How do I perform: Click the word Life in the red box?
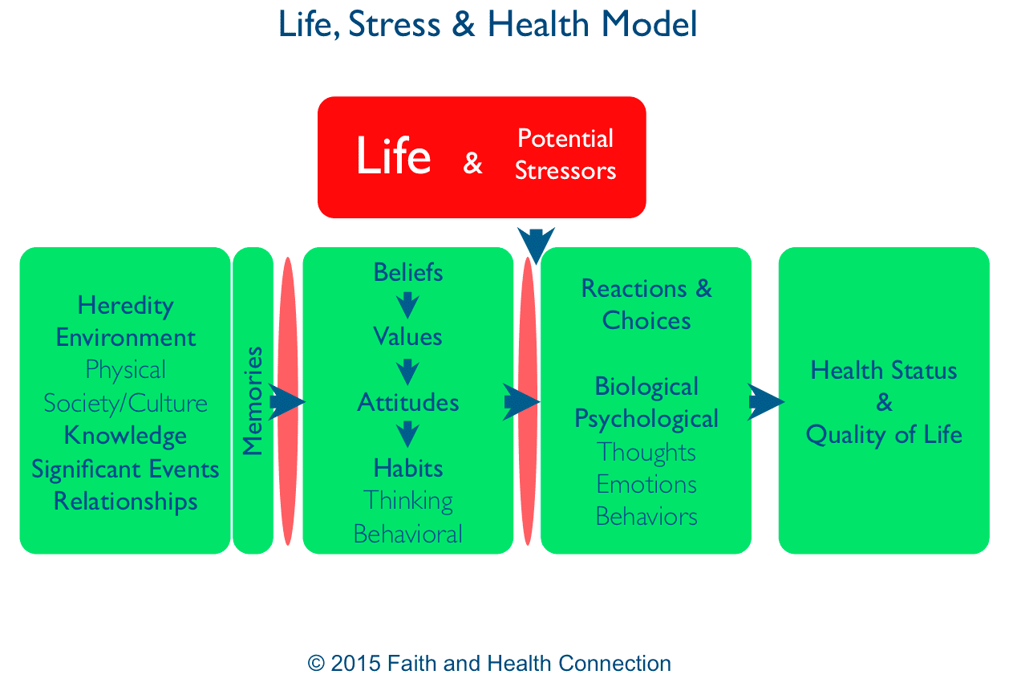[393, 155]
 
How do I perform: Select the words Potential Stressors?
[565, 154]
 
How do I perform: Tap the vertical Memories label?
[253, 400]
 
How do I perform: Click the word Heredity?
[125, 307]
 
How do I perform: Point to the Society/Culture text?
[125, 404]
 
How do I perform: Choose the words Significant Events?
[125, 469]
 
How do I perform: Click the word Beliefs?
[408, 272]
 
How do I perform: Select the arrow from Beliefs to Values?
[407, 306]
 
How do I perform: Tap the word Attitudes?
[408, 402]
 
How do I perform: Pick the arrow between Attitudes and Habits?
[407, 434]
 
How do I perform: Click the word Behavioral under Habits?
[408, 534]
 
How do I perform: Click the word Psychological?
[646, 419]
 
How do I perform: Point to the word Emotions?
[646, 485]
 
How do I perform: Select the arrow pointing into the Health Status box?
[766, 402]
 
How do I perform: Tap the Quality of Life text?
[884, 435]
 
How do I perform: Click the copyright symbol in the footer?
[316, 663]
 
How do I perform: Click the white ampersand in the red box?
[472, 163]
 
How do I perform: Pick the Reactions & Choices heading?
[646, 304]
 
